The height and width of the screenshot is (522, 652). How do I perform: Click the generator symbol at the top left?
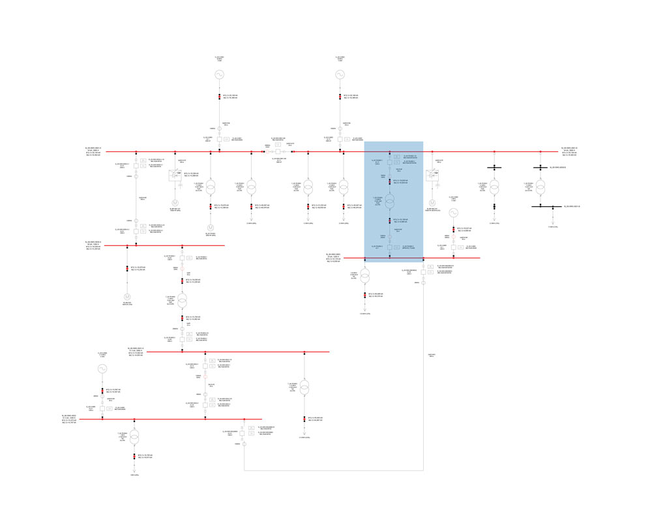click(x=220, y=75)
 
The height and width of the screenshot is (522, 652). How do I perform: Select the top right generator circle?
click(x=340, y=75)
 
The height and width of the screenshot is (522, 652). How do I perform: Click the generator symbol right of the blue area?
click(x=454, y=212)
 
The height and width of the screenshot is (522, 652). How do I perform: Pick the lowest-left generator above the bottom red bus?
click(x=101, y=369)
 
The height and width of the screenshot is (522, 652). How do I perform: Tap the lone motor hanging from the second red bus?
click(x=127, y=297)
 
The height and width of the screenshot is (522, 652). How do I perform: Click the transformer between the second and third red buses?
click(x=183, y=300)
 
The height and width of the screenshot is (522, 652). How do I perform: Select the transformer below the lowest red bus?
click(x=134, y=437)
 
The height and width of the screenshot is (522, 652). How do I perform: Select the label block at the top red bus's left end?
click(x=93, y=152)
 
